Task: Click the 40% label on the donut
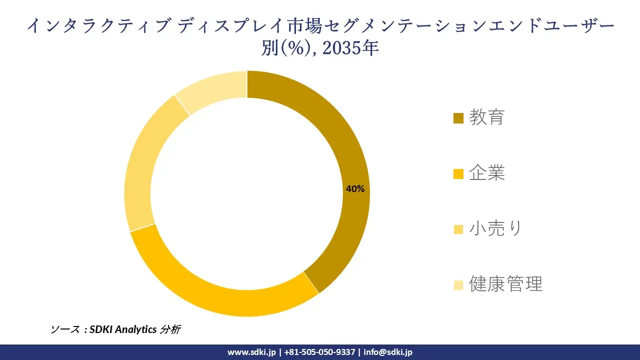pos(355,189)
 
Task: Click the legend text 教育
pos(486,117)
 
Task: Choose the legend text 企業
pos(486,173)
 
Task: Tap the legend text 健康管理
pos(505,284)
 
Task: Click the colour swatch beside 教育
pos(458,118)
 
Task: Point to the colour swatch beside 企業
pos(458,174)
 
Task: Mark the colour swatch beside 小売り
pos(458,229)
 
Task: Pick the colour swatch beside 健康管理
pos(458,285)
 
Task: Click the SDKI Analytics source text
pos(123,329)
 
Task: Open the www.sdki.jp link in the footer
pos(251,352)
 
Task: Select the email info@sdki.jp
pos(388,352)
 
